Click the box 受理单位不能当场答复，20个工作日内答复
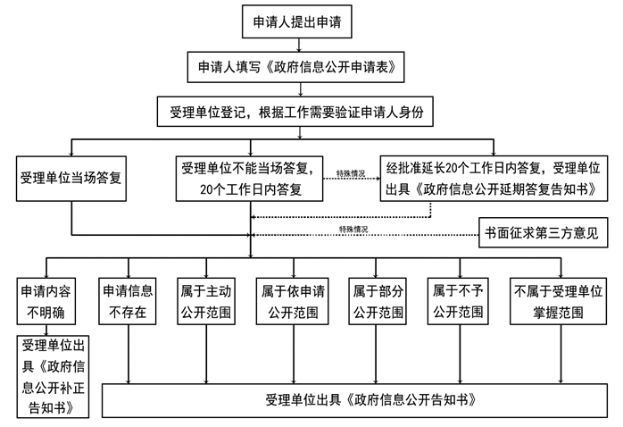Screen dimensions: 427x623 click(250, 177)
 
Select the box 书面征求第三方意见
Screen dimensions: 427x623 click(544, 231)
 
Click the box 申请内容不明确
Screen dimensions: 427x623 click(46, 301)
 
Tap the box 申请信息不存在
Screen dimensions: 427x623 click(128, 301)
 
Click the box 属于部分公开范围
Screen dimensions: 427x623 click(377, 301)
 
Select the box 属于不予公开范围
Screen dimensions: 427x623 click(459, 301)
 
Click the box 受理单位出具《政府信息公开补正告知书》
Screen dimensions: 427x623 click(54, 376)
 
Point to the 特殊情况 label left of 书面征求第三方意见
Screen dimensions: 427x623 click(353, 230)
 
